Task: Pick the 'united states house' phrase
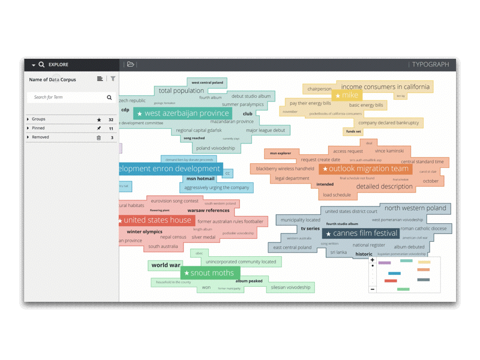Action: point(157,220)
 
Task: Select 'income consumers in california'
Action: point(385,87)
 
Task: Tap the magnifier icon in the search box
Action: point(109,97)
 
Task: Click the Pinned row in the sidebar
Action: point(38,128)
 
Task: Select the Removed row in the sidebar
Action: point(40,137)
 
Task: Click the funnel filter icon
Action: point(113,79)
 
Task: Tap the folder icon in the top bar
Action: point(130,64)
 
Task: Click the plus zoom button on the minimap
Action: point(373,260)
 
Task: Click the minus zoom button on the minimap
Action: point(373,289)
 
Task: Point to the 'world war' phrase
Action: point(166,265)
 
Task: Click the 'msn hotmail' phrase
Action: point(200,179)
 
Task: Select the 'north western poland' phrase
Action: point(415,208)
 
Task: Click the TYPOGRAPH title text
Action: point(430,64)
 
